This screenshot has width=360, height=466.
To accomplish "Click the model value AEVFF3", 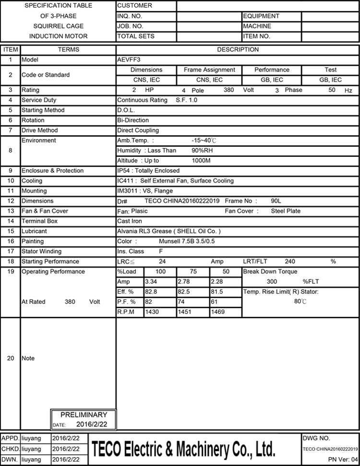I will click(127, 60).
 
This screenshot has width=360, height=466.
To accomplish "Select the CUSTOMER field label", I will click(135, 6).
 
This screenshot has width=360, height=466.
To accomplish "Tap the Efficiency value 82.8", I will click(124, 292).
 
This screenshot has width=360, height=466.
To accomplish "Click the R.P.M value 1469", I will click(219, 312).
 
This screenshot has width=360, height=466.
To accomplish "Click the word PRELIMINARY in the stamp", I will click(84, 415).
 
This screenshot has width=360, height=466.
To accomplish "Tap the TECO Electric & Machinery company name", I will click(184, 450).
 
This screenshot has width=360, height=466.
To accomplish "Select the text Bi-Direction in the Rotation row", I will click(133, 120).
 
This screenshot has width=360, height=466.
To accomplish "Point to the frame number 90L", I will click(276, 201).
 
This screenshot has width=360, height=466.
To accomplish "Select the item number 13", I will click(11, 211).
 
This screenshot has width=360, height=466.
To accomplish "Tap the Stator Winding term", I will click(42, 251).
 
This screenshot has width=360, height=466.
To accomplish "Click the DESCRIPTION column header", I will click(238, 49).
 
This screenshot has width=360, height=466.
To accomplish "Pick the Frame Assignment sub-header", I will click(209, 70).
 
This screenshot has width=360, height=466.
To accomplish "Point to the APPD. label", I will click(11, 439).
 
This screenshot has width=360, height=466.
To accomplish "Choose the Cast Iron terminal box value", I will click(130, 221).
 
